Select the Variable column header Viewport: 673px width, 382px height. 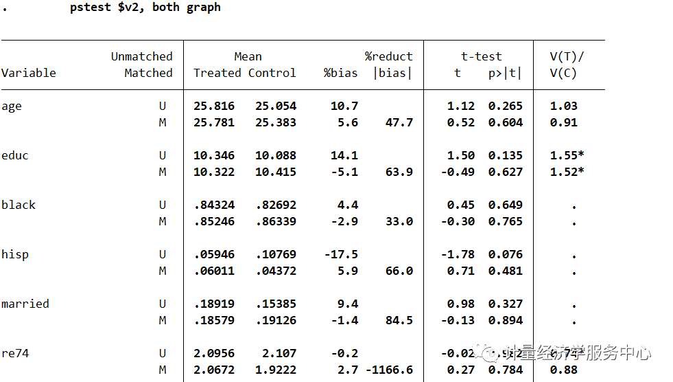(x=29, y=73)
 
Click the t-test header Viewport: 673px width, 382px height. (x=481, y=56)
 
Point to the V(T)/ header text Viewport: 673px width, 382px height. (x=567, y=56)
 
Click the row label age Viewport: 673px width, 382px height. (x=12, y=106)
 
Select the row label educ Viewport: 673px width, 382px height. (x=15, y=155)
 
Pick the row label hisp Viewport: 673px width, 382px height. (x=15, y=254)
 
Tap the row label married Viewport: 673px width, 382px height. (x=25, y=304)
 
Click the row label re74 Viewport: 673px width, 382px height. (x=15, y=353)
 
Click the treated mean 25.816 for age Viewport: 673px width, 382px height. (x=214, y=106)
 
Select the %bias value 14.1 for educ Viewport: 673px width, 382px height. (x=344, y=155)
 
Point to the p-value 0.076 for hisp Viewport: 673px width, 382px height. (x=506, y=254)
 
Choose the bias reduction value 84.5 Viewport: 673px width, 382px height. (x=399, y=320)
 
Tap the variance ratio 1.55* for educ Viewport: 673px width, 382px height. (x=567, y=155)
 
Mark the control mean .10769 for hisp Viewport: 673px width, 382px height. (x=276, y=254)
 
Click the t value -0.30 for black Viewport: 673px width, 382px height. (x=458, y=221)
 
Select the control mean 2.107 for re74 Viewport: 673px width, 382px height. (x=279, y=353)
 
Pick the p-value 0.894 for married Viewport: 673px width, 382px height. (x=506, y=320)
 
